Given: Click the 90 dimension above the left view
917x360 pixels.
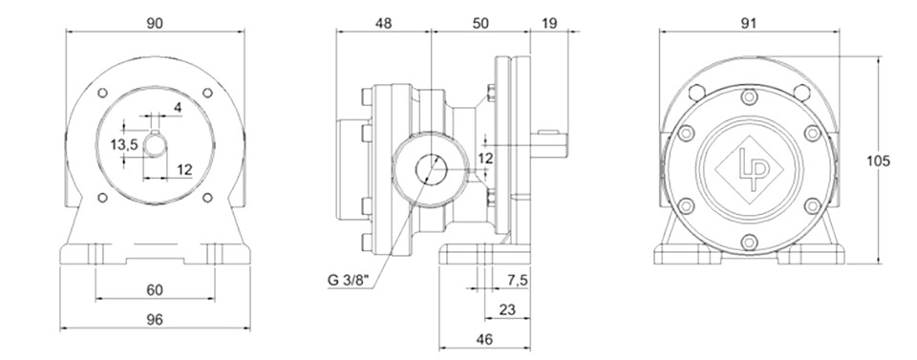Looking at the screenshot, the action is click(155, 23).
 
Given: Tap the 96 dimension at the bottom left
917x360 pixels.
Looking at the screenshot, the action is click(155, 319).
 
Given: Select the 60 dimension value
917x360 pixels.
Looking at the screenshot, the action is click(155, 290).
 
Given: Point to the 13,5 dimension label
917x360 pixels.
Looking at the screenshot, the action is click(124, 144).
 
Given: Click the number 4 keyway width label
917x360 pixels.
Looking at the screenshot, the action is click(178, 107).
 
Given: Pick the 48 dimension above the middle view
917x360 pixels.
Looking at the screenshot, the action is click(384, 23).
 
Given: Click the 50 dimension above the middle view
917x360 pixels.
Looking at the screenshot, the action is click(480, 23).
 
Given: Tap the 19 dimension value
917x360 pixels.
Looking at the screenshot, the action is click(550, 23).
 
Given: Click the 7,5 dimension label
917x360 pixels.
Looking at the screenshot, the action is click(516, 281).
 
